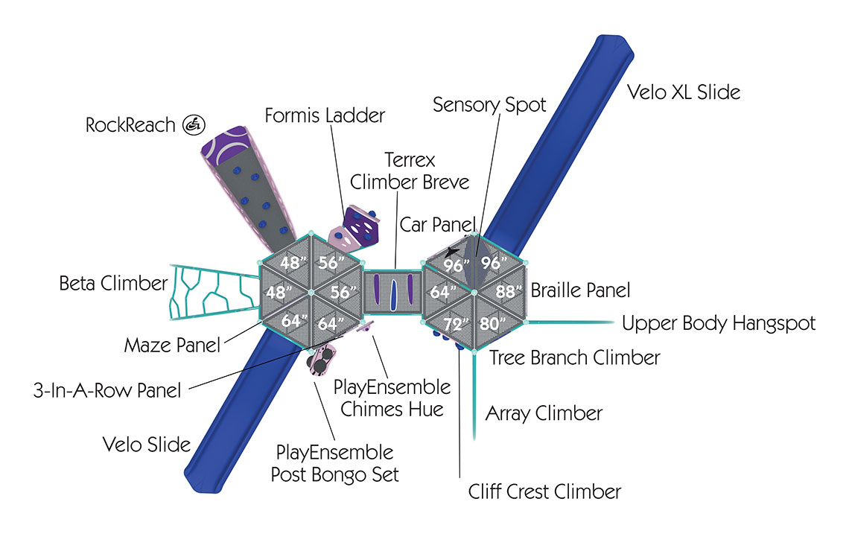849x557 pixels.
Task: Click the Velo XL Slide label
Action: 683,93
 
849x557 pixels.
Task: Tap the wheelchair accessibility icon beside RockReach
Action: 193,124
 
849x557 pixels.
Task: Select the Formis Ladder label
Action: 325,115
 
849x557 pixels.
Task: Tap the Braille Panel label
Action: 580,290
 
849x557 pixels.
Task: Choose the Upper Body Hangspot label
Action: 719,323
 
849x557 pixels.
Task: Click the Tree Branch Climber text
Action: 574,357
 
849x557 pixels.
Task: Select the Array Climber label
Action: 544,413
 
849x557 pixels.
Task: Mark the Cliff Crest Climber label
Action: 544,491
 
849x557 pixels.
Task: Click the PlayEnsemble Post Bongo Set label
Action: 334,463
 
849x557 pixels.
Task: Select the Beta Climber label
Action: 113,283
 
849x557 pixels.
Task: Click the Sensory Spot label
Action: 489,104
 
